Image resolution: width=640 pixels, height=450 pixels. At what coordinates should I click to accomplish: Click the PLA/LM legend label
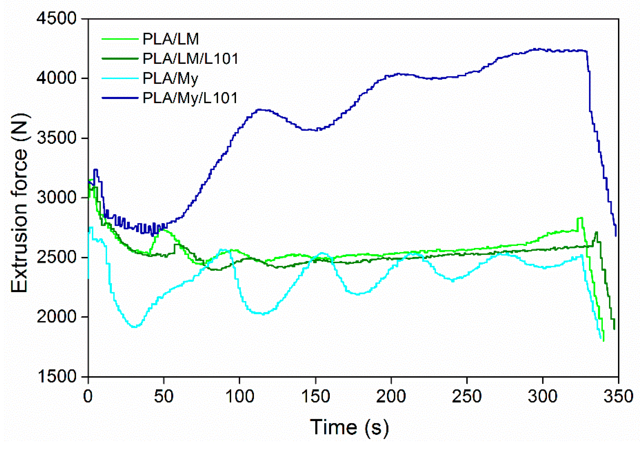(171, 39)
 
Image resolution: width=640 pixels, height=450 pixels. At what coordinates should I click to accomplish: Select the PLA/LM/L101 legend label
(190, 59)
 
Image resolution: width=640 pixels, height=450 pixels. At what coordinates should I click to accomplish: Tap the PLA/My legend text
(170, 79)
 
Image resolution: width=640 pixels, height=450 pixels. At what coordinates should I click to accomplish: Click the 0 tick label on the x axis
(88, 397)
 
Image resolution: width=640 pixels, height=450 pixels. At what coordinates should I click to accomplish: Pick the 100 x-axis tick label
(240, 397)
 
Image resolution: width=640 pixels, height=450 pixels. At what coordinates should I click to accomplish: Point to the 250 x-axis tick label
(467, 397)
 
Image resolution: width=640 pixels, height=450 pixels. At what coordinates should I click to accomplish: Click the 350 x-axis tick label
(618, 397)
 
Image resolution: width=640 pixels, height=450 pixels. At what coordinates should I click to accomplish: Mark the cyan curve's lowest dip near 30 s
(135, 327)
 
